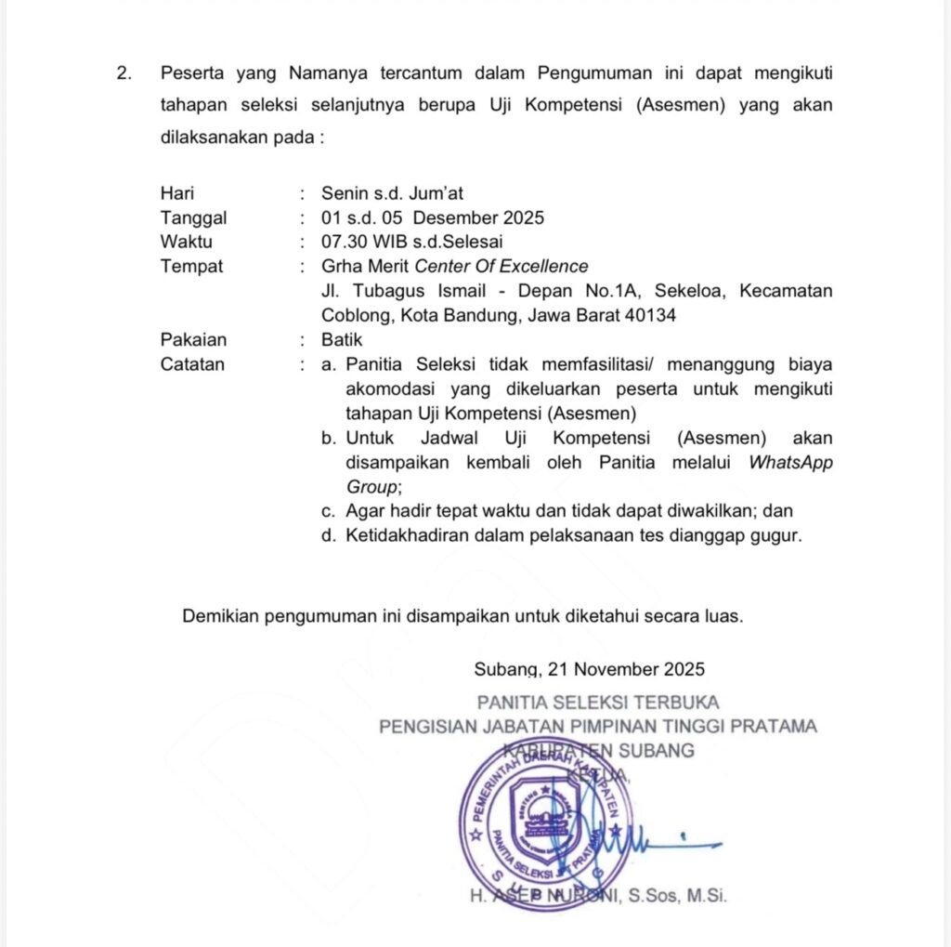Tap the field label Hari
[x=177, y=194]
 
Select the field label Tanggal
[x=193, y=218]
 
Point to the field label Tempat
[x=191, y=267]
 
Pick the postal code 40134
[x=650, y=315]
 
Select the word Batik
[x=342, y=340]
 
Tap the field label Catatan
[x=192, y=364]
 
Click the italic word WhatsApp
[x=790, y=462]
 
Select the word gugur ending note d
[x=775, y=535]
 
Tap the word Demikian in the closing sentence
[x=221, y=615]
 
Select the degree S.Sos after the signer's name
[x=654, y=897]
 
